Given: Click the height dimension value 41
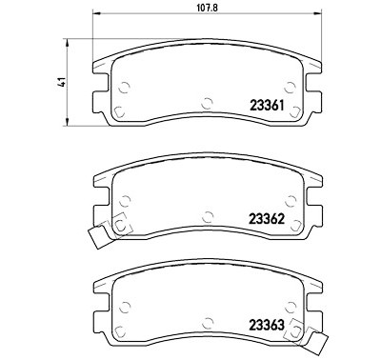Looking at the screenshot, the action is [63, 82].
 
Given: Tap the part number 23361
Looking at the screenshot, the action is [267, 105].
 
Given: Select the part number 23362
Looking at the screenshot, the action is [267, 219].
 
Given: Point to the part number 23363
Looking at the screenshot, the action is [267, 325].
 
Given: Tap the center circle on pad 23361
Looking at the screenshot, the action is [207, 103].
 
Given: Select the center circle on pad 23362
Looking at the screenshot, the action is [208, 216].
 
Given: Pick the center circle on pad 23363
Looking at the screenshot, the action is [207, 322].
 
